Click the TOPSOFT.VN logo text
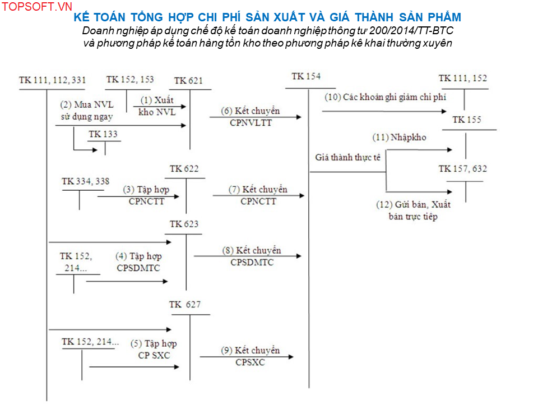37,7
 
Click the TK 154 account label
306,76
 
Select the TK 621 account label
188,81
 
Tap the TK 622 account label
184,169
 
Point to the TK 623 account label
184,224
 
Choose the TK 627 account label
185,304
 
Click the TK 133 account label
103,134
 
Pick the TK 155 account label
467,120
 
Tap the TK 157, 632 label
463,169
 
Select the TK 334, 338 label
85,181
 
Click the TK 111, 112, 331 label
52,80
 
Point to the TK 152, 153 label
130,80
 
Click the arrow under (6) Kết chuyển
256,117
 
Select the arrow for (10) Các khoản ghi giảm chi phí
384,111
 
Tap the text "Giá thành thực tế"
348,157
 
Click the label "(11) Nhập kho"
400,137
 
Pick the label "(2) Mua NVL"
87,104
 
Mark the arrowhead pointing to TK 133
95,150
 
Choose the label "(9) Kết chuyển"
251,350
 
